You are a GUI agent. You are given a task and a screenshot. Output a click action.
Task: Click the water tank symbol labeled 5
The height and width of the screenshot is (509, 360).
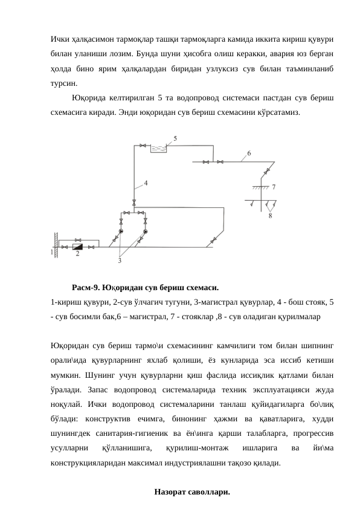(158, 148)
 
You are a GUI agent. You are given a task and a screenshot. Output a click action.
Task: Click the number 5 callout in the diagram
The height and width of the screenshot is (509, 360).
(176, 139)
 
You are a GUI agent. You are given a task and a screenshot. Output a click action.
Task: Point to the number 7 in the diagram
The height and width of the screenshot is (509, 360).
(274, 187)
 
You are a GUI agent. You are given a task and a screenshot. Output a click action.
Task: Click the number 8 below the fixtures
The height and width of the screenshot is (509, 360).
(269, 215)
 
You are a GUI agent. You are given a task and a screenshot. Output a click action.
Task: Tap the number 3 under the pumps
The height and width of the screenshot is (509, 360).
(120, 260)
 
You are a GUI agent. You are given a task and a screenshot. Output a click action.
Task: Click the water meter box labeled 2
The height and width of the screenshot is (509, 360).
(77, 247)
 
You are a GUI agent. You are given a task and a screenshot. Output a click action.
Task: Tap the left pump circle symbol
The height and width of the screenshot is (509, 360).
(121, 231)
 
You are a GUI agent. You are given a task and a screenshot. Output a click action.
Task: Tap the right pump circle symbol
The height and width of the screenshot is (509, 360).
(146, 231)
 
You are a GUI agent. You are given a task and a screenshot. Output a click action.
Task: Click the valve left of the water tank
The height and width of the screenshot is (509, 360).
(143, 145)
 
